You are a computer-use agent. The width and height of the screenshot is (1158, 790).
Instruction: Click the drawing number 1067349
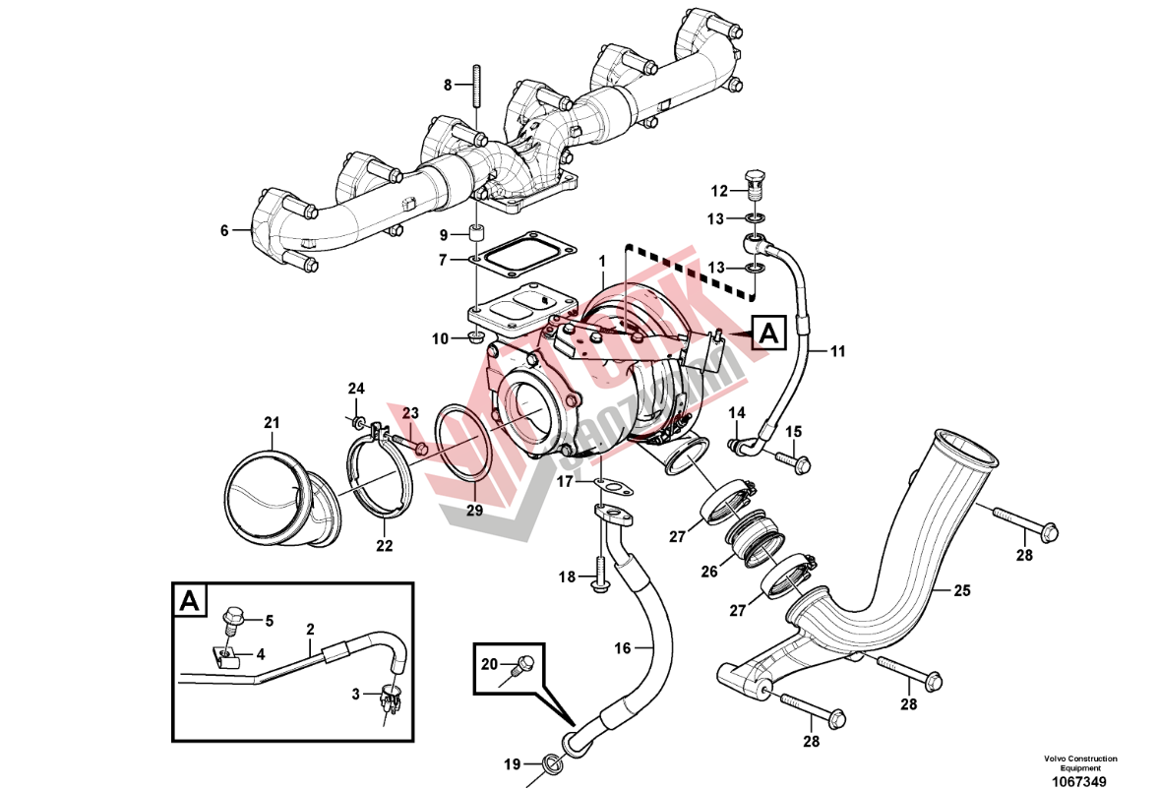pyautogui.click(x=1080, y=782)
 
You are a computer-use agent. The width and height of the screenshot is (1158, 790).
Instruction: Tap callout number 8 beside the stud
pyautogui.click(x=448, y=85)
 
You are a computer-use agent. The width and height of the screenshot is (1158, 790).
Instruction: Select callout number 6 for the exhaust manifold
pyautogui.click(x=224, y=231)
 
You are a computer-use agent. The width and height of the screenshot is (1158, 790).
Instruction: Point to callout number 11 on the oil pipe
pyautogui.click(x=837, y=349)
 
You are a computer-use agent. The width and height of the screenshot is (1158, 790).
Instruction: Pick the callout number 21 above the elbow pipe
pyautogui.click(x=272, y=423)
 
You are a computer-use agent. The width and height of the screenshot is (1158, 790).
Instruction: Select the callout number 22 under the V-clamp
pyautogui.click(x=384, y=545)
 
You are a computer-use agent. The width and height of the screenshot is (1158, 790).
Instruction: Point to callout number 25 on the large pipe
pyautogui.click(x=962, y=590)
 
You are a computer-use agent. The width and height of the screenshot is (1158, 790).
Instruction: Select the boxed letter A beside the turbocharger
pyautogui.click(x=768, y=334)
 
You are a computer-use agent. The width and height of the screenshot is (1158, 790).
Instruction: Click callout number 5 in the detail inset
pyautogui.click(x=269, y=621)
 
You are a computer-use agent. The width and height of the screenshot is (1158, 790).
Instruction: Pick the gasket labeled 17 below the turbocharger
pyautogui.click(x=615, y=484)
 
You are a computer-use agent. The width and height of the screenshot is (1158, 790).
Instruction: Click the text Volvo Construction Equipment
pyautogui.click(x=1080, y=763)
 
